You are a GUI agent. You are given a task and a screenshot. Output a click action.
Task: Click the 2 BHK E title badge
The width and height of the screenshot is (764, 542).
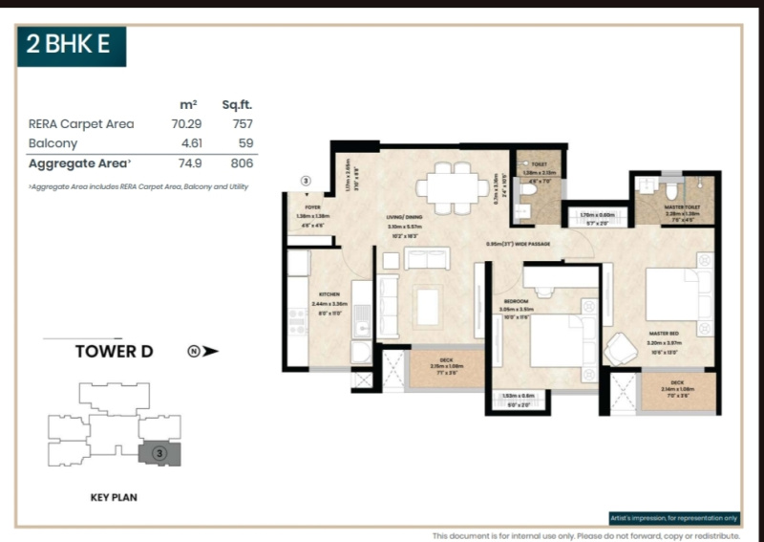72,47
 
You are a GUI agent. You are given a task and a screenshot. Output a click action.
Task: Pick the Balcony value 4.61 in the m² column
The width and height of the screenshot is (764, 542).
187,143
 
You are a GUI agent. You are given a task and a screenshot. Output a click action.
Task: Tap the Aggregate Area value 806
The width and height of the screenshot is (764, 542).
240,163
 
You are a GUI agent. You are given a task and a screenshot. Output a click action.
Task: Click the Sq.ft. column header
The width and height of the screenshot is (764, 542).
237,104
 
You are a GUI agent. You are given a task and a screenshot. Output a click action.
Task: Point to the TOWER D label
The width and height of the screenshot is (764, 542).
114,351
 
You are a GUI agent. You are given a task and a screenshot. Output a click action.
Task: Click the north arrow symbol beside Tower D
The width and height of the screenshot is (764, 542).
202,351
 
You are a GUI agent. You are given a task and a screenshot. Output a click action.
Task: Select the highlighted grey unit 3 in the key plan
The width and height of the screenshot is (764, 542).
159,453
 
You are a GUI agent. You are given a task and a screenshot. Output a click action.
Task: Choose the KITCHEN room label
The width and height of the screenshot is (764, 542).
329,295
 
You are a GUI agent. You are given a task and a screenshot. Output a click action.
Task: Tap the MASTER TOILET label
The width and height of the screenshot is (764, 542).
682,206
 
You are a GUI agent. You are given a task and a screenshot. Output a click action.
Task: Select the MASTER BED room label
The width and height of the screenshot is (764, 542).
662,333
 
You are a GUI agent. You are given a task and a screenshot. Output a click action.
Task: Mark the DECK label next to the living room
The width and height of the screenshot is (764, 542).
446,359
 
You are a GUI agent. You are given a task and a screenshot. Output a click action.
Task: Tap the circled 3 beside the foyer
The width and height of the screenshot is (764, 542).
306,180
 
